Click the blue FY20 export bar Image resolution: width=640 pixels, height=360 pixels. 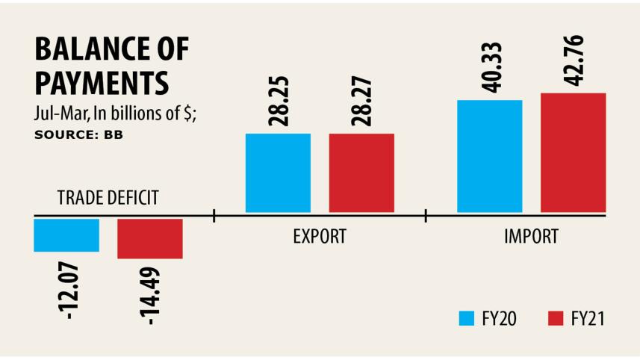pos(278,173)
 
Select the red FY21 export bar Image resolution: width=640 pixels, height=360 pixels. pos(361,173)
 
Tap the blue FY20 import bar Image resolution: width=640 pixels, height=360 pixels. pos(489,156)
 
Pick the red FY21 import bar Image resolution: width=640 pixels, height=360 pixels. pos(573,153)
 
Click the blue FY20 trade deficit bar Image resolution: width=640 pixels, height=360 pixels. pos(66,235)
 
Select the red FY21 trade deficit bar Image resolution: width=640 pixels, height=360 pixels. pos(150,238)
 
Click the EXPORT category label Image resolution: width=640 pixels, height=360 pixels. pos(319,238)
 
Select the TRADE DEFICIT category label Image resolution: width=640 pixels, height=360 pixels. pos(108,198)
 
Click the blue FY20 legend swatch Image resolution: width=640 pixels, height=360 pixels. pos(467,319)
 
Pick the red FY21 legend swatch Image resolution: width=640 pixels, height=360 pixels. pos(554,319)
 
